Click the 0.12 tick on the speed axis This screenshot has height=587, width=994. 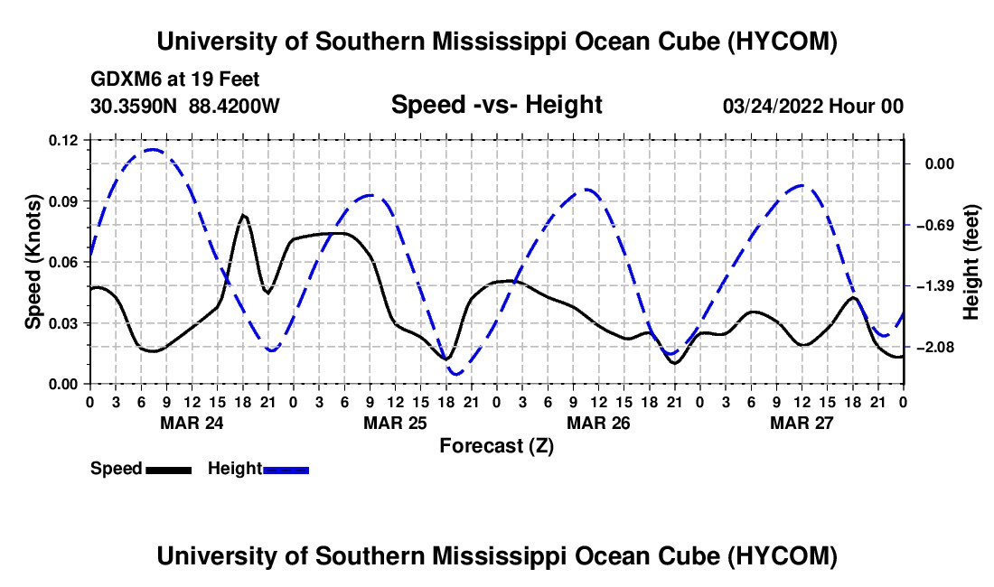tap(62, 140)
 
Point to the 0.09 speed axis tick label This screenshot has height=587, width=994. tap(62, 201)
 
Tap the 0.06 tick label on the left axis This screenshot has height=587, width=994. tap(62, 262)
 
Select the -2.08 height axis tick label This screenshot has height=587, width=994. tap(940, 347)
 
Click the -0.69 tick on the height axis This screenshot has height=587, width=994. tap(940, 226)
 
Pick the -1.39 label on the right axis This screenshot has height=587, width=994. tap(940, 286)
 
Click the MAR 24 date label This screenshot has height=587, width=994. tap(192, 423)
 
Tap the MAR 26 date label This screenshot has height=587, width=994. tap(598, 423)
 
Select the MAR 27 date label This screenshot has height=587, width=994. tap(802, 423)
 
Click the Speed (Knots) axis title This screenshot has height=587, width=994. tap(33, 262)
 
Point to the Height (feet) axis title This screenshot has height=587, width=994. tap(971, 262)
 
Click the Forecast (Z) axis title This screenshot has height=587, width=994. tap(496, 446)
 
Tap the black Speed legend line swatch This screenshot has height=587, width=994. tap(169, 470)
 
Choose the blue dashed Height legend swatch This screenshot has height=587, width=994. tap(286, 470)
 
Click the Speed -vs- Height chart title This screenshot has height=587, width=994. tap(496, 105)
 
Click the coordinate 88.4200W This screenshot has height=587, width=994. tap(234, 106)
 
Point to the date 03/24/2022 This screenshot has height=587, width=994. tap(774, 106)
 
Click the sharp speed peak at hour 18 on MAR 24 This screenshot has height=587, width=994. tap(243, 215)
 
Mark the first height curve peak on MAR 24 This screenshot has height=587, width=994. tap(152, 149)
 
